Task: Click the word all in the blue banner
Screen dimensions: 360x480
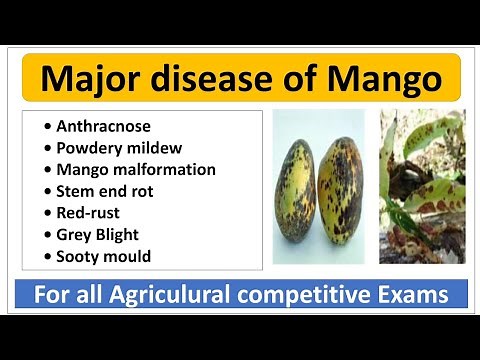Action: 93,296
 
